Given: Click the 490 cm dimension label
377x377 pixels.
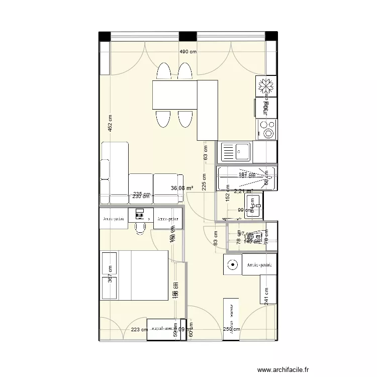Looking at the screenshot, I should [x=188, y=52].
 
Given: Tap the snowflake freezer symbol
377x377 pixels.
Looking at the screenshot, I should [x=266, y=86].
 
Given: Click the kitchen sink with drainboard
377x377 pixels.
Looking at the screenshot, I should [x=236, y=151].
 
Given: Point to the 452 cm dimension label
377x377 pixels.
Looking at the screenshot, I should [x=110, y=124].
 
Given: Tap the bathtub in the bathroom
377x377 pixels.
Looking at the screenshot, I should [x=246, y=178].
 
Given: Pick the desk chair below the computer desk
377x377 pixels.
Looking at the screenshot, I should [x=140, y=227].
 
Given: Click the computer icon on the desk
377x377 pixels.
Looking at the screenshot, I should [x=140, y=215].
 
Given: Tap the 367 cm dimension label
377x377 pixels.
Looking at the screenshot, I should [x=110, y=275].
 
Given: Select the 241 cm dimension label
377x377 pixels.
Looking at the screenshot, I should [x=266, y=295].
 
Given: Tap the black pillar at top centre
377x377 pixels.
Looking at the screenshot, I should [x=187, y=36].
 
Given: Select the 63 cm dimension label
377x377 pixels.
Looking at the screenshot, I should [x=205, y=152].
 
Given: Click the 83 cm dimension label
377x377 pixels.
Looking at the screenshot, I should [x=215, y=237].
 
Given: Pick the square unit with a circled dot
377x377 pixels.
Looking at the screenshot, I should [x=233, y=264].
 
